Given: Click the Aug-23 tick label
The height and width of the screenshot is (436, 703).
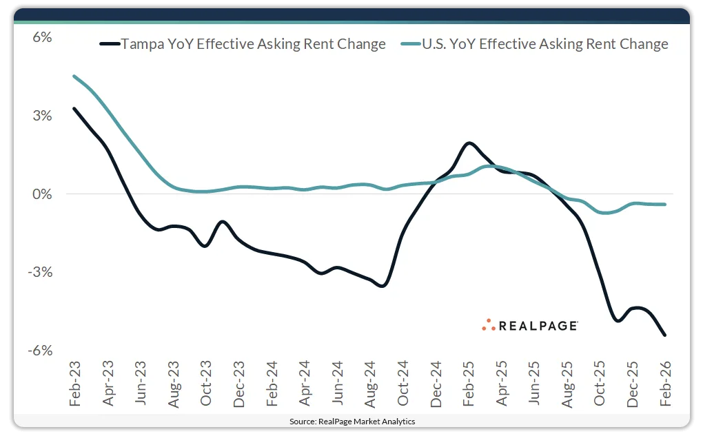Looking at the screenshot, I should coord(173,382).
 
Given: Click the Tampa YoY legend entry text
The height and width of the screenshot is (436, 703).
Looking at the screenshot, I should coord(254,44).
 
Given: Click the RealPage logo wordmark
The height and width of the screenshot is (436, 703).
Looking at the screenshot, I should coord(538,326).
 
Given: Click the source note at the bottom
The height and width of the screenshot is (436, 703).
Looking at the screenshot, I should coord(352,421).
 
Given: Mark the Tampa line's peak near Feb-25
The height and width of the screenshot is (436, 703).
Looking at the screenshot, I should coord(469,143).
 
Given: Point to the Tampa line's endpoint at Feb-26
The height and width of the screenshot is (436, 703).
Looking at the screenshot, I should coord(664,335).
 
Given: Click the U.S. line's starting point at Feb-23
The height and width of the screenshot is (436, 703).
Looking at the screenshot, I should coord(74,76).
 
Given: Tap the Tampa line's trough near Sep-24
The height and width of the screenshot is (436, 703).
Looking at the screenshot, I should coord(383,285).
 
